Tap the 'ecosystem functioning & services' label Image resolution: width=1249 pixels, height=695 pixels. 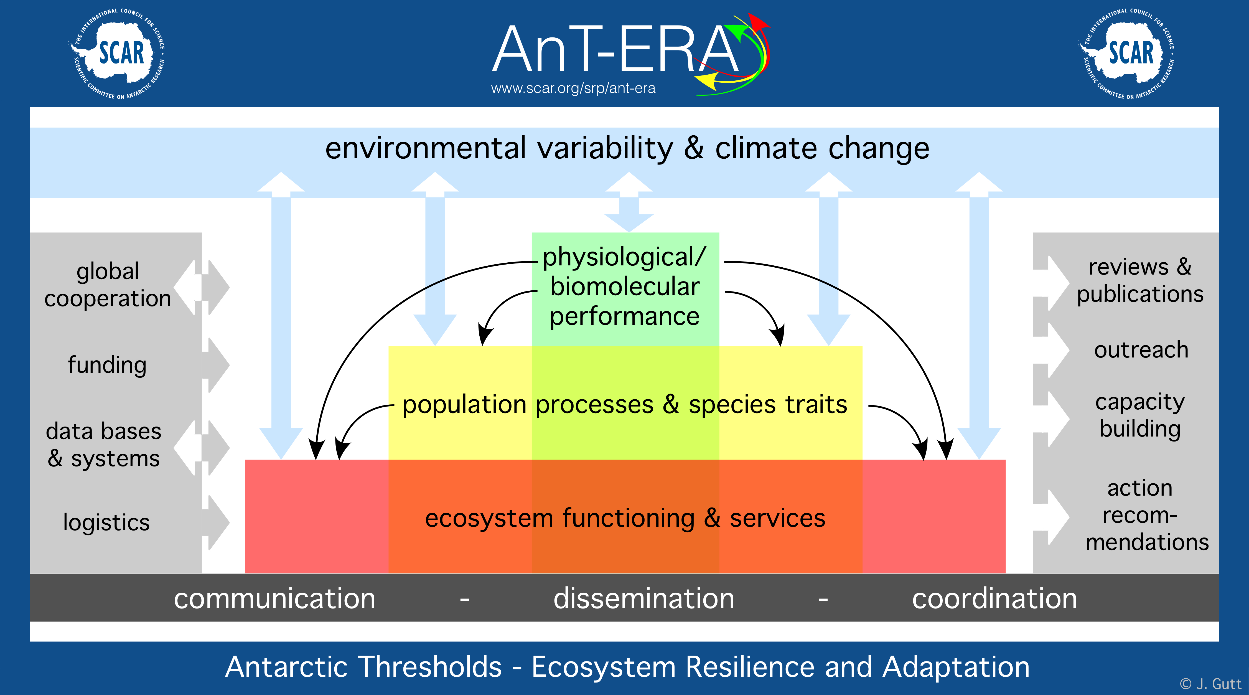tap(625, 518)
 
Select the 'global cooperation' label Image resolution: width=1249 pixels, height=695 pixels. tap(108, 285)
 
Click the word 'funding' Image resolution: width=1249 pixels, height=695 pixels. tap(107, 365)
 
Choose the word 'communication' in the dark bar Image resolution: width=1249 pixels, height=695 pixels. tap(274, 598)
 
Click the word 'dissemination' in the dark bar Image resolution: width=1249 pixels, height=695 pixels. tap(644, 598)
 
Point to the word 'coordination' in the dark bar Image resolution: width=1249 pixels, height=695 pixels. tap(994, 598)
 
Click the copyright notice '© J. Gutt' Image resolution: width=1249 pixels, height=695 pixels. tap(1211, 684)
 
